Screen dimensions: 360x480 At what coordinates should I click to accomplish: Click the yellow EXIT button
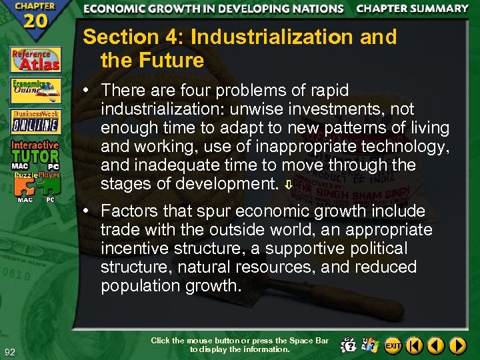393,345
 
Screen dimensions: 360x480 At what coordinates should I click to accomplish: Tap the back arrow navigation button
436,345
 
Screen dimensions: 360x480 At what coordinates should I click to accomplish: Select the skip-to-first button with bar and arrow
415,345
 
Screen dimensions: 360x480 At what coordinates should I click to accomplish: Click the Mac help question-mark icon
348,345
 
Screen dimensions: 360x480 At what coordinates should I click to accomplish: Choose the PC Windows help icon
371,345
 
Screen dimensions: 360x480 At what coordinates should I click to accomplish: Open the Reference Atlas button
35,59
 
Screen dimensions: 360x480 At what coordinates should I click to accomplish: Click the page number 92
10,352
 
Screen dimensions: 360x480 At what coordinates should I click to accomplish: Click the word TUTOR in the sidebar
35,154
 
